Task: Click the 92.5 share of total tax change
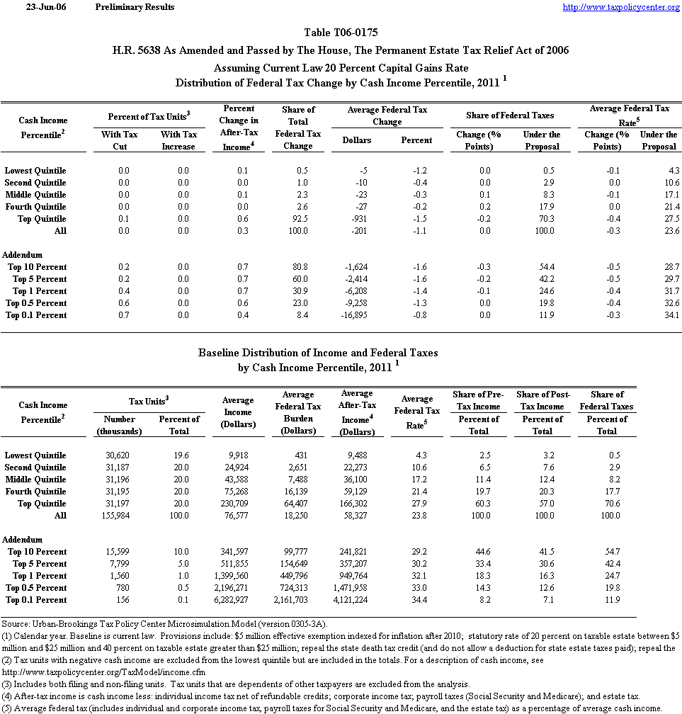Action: point(305,219)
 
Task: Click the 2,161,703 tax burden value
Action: point(296,600)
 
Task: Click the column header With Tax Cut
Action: point(119,140)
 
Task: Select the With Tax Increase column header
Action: point(178,140)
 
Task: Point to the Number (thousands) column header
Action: point(118,425)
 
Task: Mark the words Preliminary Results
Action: point(135,7)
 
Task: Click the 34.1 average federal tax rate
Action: point(669,315)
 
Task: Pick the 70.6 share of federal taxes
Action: point(613,504)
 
